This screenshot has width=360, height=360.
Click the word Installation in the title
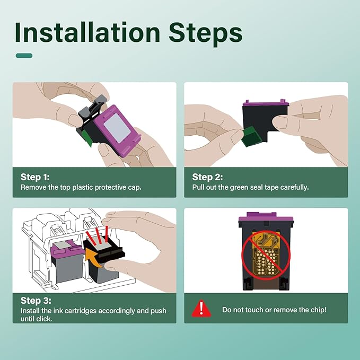tap(87, 32)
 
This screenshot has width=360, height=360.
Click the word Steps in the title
tap(206, 34)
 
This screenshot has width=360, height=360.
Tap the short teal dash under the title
tap(24, 56)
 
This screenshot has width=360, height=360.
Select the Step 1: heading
tap(35, 177)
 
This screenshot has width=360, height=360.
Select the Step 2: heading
tap(207, 177)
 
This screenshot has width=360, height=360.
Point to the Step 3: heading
tap(36, 301)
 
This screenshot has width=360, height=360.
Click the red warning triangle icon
tap(201, 309)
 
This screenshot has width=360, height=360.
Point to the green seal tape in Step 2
tap(252, 136)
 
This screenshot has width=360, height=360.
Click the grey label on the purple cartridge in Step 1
tap(117, 128)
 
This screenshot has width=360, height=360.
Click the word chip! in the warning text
tap(319, 310)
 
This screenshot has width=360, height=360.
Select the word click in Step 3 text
tap(45, 319)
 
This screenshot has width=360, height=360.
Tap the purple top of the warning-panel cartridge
tap(266, 217)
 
